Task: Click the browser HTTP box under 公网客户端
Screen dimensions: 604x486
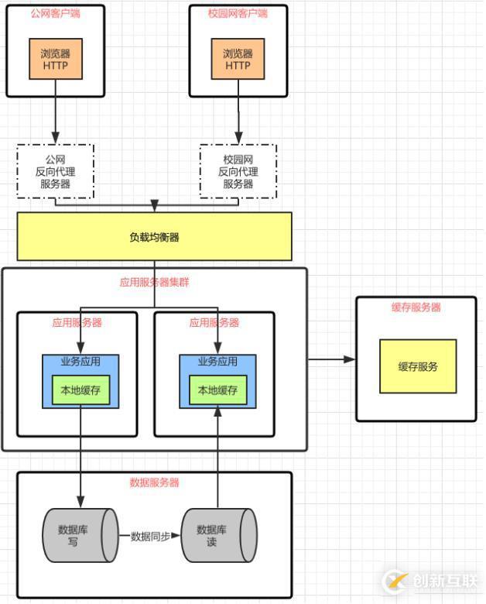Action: pyautogui.click(x=56, y=59)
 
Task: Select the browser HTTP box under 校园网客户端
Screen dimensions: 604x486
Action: pyautogui.click(x=238, y=59)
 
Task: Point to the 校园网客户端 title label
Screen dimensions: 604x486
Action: pyautogui.click(x=238, y=14)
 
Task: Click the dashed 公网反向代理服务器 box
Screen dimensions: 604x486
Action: pyautogui.click(x=55, y=171)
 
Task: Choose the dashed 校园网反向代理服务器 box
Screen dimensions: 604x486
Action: pyautogui.click(x=238, y=171)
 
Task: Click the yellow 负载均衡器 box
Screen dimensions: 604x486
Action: pyautogui.click(x=154, y=237)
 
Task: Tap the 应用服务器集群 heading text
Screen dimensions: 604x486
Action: pyautogui.click(x=154, y=283)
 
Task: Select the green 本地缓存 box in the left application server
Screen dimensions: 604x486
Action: pyautogui.click(x=80, y=391)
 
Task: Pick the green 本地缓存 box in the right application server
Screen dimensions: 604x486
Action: pyautogui.click(x=217, y=391)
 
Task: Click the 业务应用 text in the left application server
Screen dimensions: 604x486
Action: pyautogui.click(x=80, y=362)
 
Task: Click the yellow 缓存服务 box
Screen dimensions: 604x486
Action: pyautogui.click(x=417, y=366)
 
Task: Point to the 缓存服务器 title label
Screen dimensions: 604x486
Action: pyautogui.click(x=416, y=307)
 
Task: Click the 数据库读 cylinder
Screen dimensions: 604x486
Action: pyautogui.click(x=217, y=535)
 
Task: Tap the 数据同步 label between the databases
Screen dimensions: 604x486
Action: pyautogui.click(x=150, y=536)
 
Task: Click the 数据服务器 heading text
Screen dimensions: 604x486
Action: pyautogui.click(x=154, y=482)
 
